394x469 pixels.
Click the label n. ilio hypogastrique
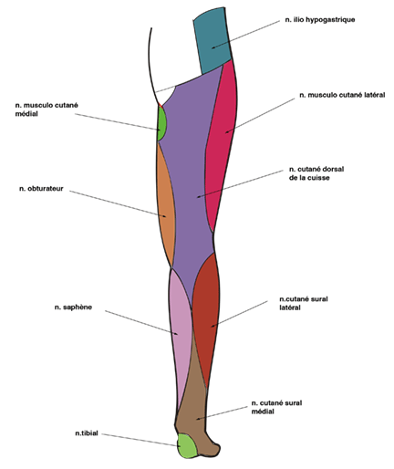320,20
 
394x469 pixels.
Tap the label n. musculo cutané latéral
342,95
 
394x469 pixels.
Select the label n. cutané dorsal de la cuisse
316,173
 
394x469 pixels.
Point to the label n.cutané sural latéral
304,303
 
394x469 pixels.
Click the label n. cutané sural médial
276,407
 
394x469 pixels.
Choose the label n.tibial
87,433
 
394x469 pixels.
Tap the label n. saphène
73,307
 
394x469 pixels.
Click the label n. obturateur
41,189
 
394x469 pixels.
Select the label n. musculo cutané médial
47,109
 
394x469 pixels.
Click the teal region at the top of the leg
213,41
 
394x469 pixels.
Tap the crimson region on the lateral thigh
222,143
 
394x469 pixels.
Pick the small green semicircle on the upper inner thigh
161,123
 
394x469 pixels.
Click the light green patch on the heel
187,446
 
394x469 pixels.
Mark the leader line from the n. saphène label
141,322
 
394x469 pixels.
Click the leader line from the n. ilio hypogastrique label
245,35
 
